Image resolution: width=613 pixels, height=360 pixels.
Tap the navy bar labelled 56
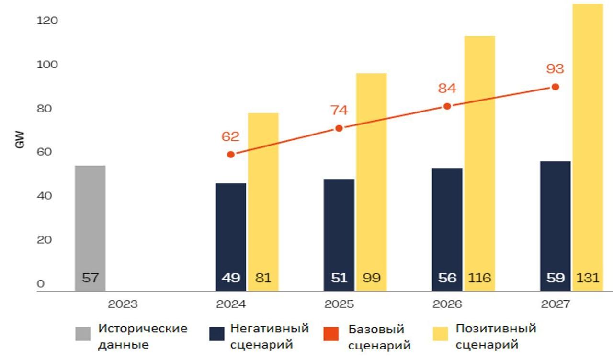(447, 225)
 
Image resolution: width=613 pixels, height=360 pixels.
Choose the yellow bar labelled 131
(588, 144)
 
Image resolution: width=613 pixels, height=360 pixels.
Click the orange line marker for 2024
(231, 155)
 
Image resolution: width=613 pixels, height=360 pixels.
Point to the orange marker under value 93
(555, 87)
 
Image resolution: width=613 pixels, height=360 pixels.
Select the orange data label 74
(339, 110)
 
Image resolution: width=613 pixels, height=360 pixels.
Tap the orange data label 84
(447, 89)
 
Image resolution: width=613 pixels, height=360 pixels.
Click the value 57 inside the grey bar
(90, 278)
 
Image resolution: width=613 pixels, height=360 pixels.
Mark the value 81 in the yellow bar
(263, 278)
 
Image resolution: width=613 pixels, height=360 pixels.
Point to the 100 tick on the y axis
(47, 65)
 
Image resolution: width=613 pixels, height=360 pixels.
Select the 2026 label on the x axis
(447, 304)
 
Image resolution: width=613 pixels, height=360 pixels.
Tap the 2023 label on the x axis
(123, 304)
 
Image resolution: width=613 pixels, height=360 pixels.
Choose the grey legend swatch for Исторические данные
(82, 334)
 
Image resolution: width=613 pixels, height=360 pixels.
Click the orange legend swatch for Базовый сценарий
(331, 334)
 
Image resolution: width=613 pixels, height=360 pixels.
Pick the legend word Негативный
(269, 329)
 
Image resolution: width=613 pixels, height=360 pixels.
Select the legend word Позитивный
(496, 329)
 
